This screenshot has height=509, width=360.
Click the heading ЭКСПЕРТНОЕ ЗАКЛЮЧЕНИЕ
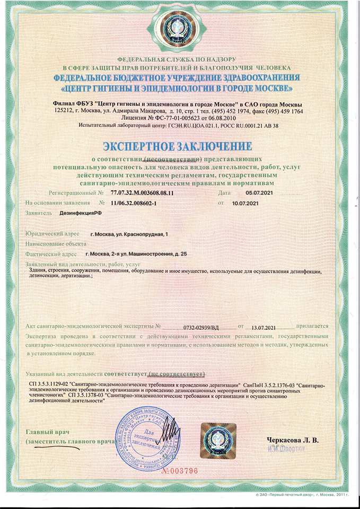[180, 146]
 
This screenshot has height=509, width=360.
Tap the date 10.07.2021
[245, 203]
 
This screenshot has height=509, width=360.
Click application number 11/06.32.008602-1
[134, 203]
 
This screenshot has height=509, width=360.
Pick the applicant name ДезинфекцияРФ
[80, 213]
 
